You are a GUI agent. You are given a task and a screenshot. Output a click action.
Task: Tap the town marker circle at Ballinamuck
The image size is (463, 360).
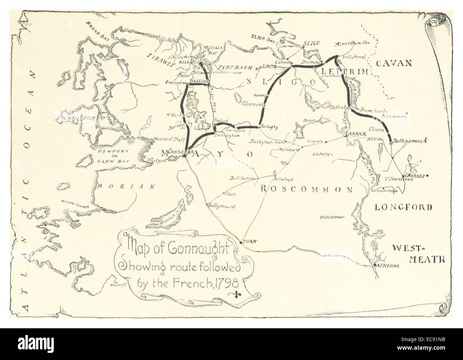pyautogui.click(x=391, y=143)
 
